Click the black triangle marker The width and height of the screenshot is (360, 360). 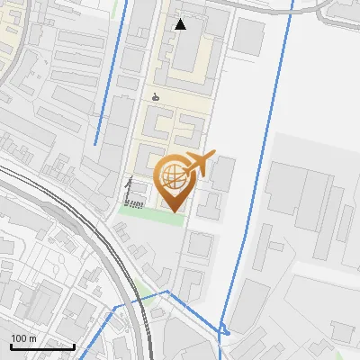click(x=181, y=24)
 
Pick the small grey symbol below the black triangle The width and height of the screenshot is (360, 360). click(x=156, y=97)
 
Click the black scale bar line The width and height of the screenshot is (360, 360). click(x=41, y=346)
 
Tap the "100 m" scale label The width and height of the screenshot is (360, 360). click(x=23, y=338)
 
